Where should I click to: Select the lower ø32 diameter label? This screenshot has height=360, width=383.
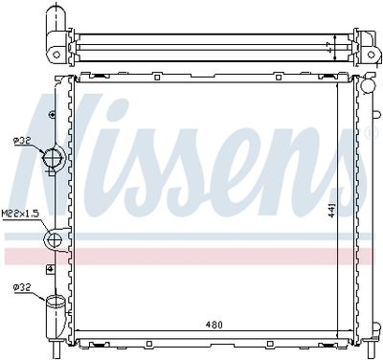click(x=22, y=286)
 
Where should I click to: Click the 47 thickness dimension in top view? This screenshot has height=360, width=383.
click(x=328, y=46)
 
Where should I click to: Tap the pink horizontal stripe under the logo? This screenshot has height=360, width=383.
click(x=191, y=255)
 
